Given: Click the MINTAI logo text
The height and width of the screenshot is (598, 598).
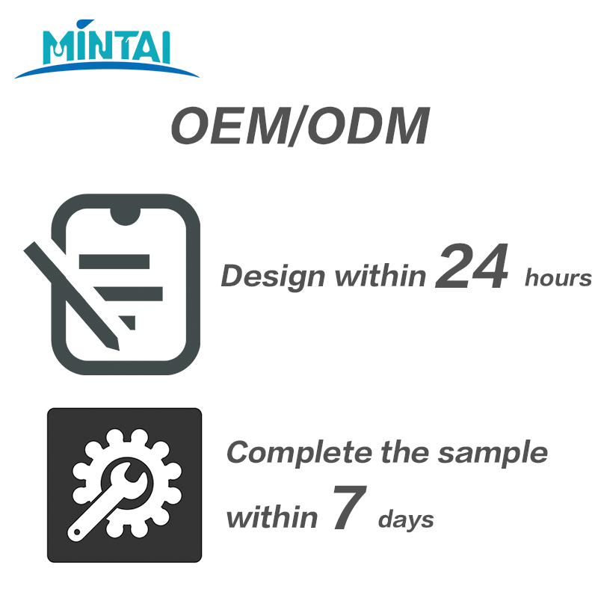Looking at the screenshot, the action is pos(106,42).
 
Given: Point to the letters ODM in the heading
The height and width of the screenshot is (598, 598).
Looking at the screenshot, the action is pos(368,126).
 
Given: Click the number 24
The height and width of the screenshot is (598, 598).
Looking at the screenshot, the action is pos(472,266).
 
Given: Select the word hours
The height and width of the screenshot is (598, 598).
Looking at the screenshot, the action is pos(558,277).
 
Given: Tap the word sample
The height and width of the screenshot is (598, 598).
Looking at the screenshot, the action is pos(493,454).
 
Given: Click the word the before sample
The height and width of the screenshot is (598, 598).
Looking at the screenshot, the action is pos(404,451).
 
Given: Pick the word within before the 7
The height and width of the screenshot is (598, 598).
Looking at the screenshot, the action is pos(272,517).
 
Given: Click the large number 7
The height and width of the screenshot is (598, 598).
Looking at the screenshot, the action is pos(349,507).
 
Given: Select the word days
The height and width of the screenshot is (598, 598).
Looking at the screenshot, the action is pos(406,520).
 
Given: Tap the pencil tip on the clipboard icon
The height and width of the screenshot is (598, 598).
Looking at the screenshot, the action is pos(115,345).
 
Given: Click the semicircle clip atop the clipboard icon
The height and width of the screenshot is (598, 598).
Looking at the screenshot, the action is pos(125,216).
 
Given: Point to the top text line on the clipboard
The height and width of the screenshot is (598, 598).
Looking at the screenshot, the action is pos(114,262).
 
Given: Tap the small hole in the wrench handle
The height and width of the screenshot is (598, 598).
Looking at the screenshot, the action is pos(77,531).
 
